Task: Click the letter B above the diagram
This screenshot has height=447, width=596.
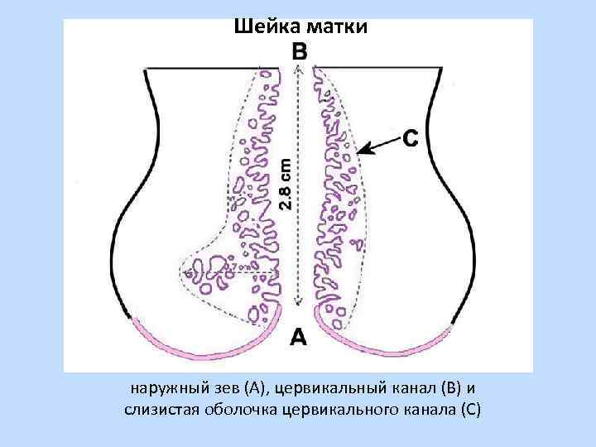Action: coord(300,51)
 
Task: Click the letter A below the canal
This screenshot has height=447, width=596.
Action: coord(298,337)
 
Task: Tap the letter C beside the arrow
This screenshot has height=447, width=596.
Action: coord(410,137)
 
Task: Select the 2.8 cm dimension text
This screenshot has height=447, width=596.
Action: coord(285,183)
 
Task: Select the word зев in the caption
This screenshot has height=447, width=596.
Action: coord(216,388)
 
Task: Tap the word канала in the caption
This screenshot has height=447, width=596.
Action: coord(421,410)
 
